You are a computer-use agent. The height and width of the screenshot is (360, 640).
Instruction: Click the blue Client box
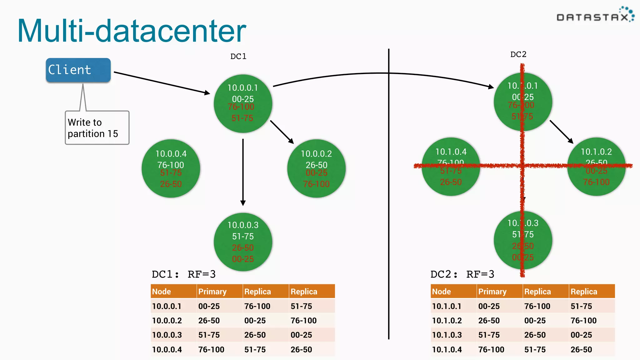pyautogui.click(x=78, y=70)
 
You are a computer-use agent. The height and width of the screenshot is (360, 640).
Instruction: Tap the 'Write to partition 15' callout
pyautogui.click(x=97, y=128)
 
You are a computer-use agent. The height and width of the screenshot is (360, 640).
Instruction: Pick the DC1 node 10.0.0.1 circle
pyautogui.click(x=243, y=103)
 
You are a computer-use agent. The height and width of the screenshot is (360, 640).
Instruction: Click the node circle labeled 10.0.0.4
pyautogui.click(x=171, y=168)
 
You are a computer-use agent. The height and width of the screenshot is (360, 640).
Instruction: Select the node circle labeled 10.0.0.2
pyautogui.click(x=316, y=168)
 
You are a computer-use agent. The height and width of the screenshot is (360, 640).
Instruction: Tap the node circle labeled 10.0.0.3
pyautogui.click(x=243, y=242)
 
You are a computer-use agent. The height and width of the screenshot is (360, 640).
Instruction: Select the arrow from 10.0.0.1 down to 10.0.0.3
pyautogui.click(x=243, y=172)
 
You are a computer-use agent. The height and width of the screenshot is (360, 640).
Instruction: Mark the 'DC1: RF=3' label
pyautogui.click(x=184, y=274)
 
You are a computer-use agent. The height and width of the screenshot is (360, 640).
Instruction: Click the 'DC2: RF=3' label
pyautogui.click(x=462, y=274)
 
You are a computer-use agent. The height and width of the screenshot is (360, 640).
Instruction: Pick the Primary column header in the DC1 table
pyautogui.click(x=212, y=292)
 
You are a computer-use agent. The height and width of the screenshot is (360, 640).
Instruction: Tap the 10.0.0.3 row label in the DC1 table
pyautogui.click(x=167, y=335)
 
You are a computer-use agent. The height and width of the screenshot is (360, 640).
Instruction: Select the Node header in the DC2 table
pyautogui.click(x=441, y=292)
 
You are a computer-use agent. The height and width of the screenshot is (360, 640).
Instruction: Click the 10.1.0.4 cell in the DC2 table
pyautogui.click(x=447, y=350)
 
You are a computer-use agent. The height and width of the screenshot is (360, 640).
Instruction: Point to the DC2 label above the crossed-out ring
pyautogui.click(x=518, y=54)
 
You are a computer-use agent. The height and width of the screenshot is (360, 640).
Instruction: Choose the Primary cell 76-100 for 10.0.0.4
pyautogui.click(x=211, y=350)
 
